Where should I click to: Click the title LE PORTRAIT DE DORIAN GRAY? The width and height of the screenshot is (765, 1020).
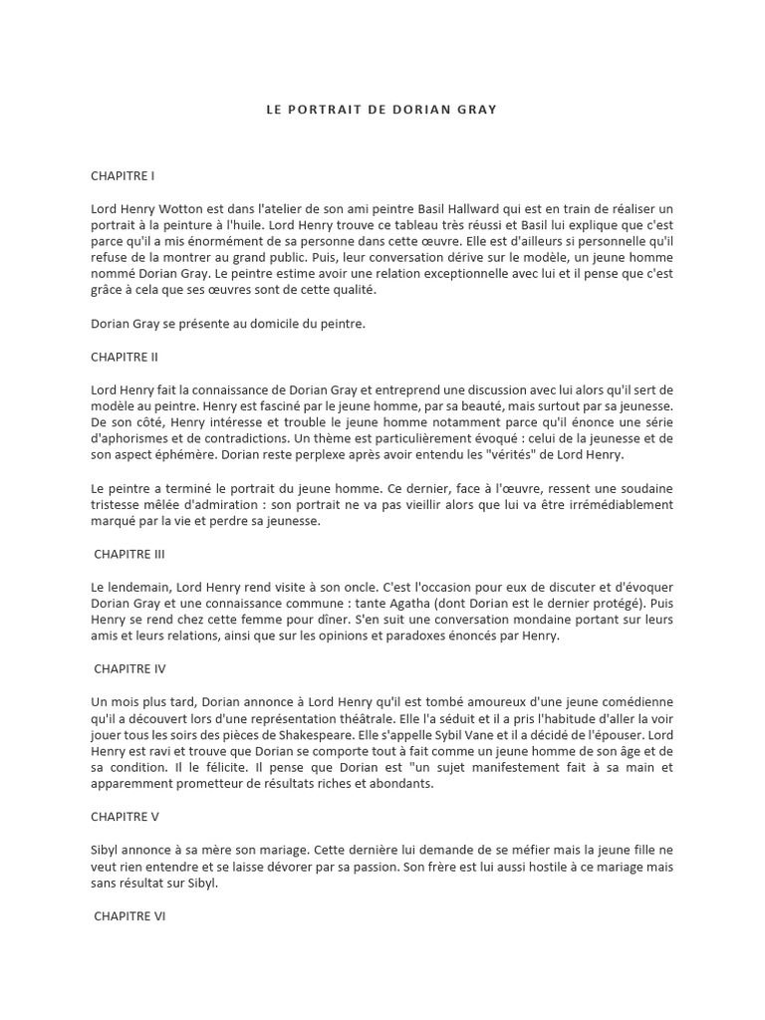coord(382,110)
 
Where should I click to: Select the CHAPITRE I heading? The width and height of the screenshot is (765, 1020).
coord(123,176)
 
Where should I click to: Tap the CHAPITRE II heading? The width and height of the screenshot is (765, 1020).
coord(125,357)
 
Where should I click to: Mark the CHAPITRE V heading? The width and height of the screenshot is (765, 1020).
coord(125,816)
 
